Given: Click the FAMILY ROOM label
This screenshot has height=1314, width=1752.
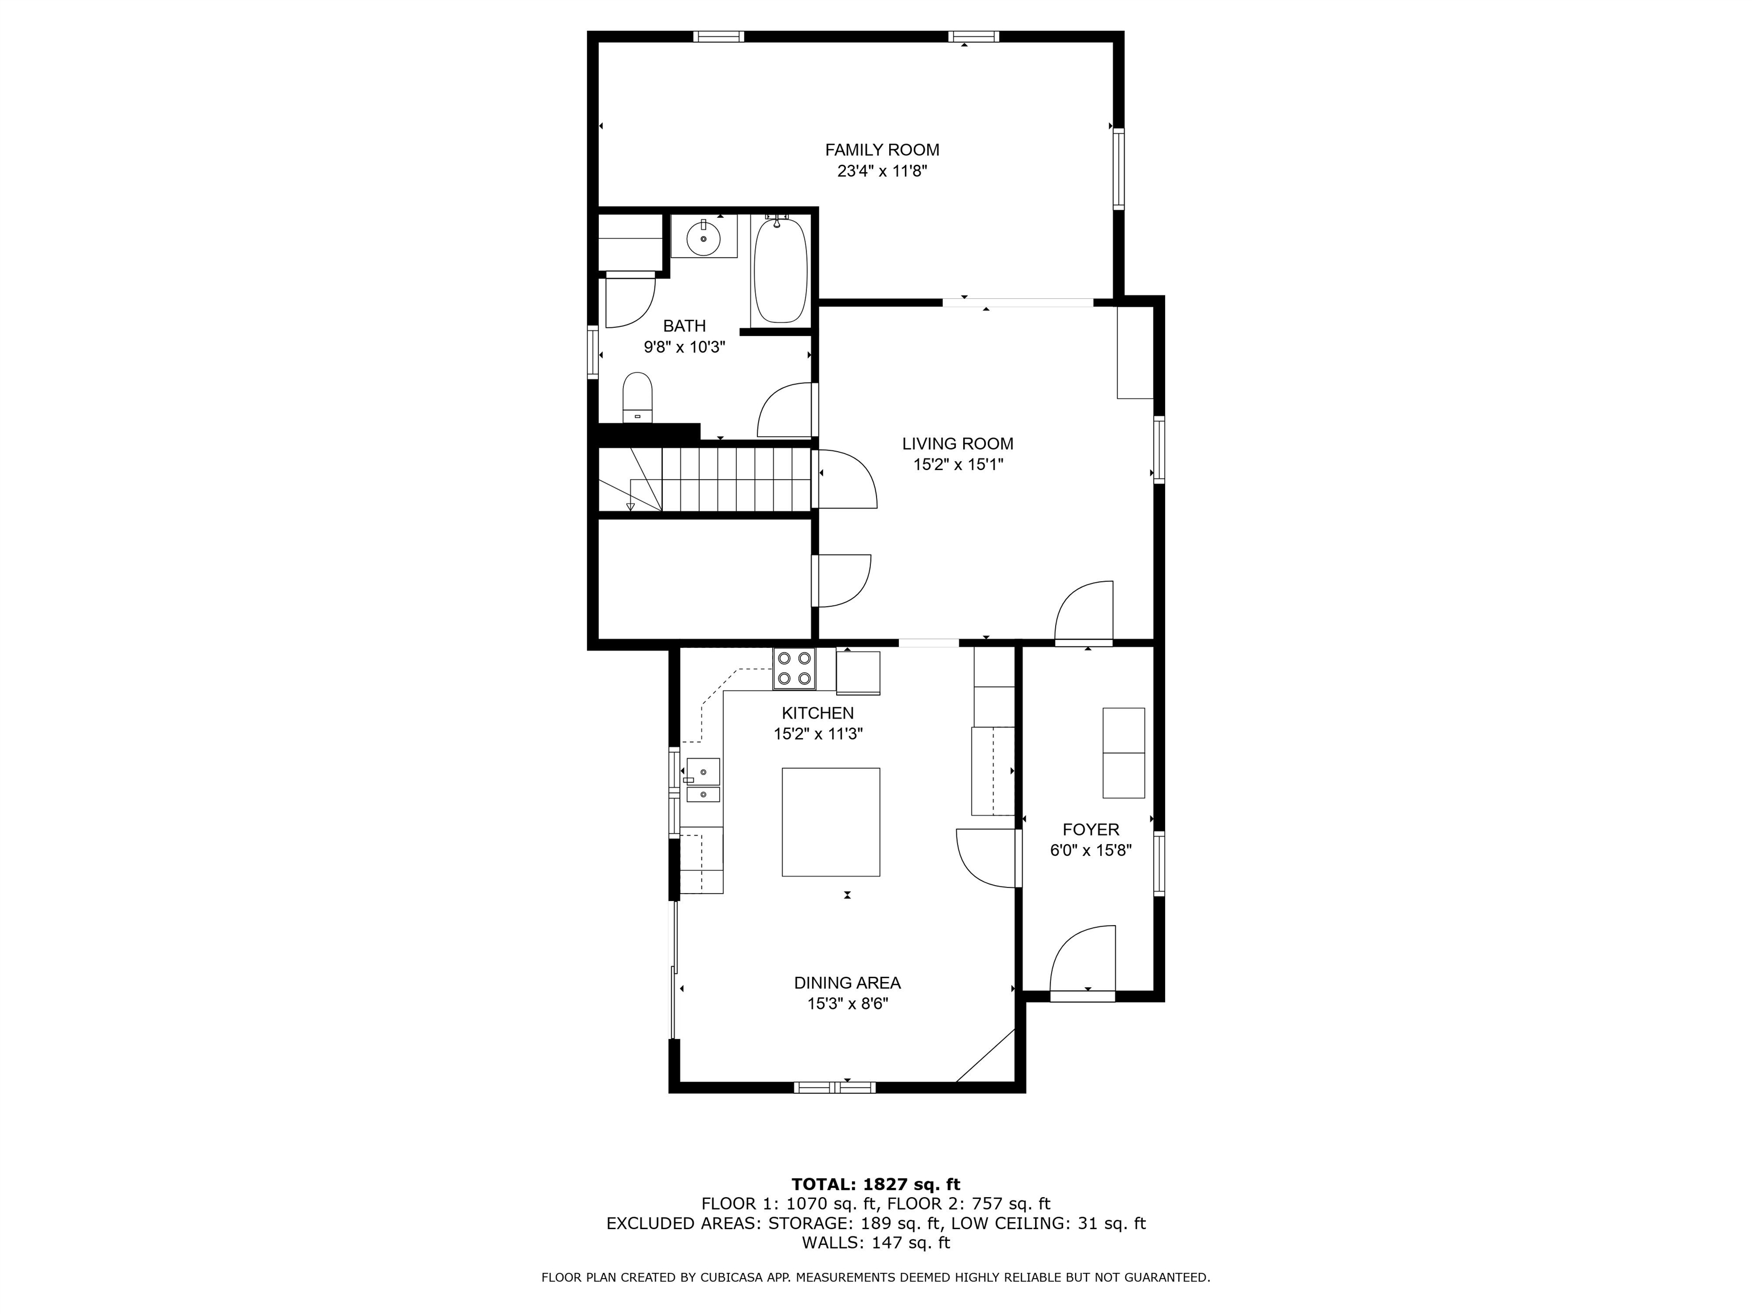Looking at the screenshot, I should pos(882,149).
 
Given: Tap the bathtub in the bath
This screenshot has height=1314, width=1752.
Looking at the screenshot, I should pos(780,270).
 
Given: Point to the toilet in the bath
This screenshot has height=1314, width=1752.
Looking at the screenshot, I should pos(637,398).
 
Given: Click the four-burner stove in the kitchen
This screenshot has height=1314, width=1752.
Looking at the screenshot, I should pos(794,668).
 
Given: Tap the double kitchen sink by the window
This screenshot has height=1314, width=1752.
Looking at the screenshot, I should pos(703,781).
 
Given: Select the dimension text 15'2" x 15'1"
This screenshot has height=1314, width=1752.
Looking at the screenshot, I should pos(958,465).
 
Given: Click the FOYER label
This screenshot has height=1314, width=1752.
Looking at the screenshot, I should pos(1090,829).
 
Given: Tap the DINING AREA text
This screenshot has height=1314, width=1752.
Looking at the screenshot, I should pos(847,983).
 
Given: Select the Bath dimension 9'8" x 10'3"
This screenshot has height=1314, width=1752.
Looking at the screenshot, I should pos(684,347).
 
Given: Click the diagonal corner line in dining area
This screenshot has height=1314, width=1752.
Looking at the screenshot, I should pos(985,1056).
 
